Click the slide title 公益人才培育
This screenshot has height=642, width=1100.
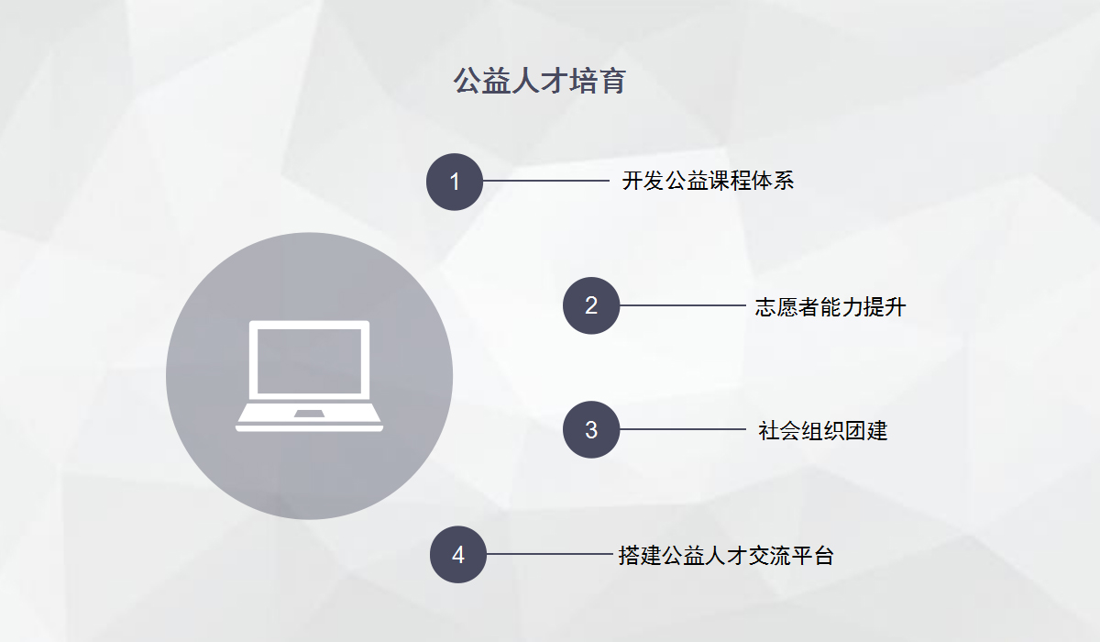[x=539, y=81]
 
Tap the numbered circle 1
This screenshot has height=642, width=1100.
[x=455, y=182]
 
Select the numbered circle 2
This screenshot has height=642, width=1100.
[x=591, y=305]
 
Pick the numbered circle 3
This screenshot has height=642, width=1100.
[x=591, y=430]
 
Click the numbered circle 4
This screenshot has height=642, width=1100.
[x=458, y=555]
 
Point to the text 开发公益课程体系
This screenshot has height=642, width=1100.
[x=708, y=181]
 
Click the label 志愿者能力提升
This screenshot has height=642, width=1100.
[x=830, y=307]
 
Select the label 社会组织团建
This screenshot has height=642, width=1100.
[x=823, y=431]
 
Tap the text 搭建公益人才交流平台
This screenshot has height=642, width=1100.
[x=726, y=556]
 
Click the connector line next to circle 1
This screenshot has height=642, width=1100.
[x=546, y=181]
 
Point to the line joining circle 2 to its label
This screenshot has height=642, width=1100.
[x=683, y=305]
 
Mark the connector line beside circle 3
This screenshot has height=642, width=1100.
[x=683, y=429]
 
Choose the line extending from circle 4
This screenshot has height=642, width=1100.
[x=549, y=554]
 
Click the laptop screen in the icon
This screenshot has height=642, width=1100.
[x=310, y=361]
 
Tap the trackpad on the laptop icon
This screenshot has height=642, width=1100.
[x=310, y=414]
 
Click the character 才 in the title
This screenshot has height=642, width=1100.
[x=554, y=81]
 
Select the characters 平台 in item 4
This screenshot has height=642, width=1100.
[x=812, y=556]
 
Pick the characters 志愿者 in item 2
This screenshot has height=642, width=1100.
[x=787, y=307]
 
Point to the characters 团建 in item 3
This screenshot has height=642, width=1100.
[x=866, y=431]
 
